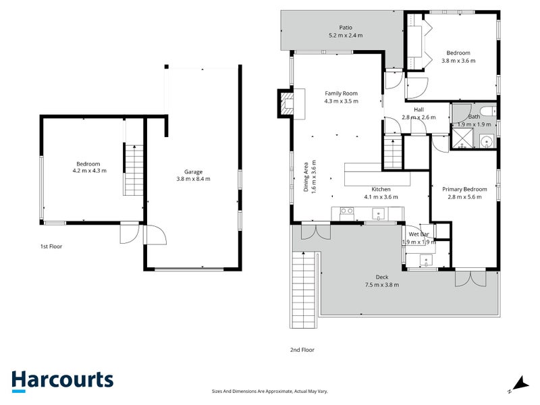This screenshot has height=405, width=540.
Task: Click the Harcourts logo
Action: (x=62, y=380)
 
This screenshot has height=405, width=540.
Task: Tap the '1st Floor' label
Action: (x=51, y=247)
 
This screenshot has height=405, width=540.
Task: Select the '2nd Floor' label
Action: (x=302, y=350)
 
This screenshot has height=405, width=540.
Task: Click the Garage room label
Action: (x=194, y=171)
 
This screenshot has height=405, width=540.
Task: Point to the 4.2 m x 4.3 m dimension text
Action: (x=88, y=171)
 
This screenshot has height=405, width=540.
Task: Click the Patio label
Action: (x=345, y=28)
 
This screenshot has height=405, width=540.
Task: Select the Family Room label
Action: (x=341, y=93)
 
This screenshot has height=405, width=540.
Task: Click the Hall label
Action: (x=418, y=109)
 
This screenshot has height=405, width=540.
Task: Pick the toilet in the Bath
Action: (x=486, y=113)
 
